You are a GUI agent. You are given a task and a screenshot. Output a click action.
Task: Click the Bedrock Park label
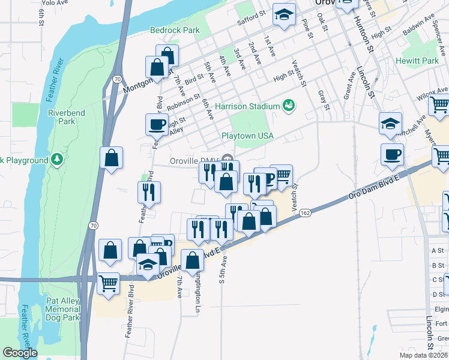[x=174, y=29]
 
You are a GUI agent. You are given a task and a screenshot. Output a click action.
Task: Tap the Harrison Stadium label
[x=247, y=106]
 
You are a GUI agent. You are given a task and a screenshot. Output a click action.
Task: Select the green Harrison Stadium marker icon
[x=289, y=106]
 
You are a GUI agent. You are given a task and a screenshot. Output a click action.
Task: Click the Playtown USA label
[x=247, y=136]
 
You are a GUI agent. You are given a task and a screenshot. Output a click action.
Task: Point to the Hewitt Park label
[x=417, y=61]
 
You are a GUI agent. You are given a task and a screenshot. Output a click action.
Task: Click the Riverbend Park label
[x=66, y=117]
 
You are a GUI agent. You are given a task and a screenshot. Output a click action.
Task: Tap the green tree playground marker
[x=57, y=160]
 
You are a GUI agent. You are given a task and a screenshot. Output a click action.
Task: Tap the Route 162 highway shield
[x=305, y=213]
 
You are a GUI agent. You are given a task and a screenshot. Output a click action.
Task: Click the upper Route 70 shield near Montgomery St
[x=117, y=79]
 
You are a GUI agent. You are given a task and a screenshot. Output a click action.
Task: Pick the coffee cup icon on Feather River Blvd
[x=157, y=124]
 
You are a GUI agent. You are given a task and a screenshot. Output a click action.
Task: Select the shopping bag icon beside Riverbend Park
[x=112, y=158]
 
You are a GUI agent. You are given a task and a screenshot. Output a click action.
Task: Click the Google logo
[x=20, y=353]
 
